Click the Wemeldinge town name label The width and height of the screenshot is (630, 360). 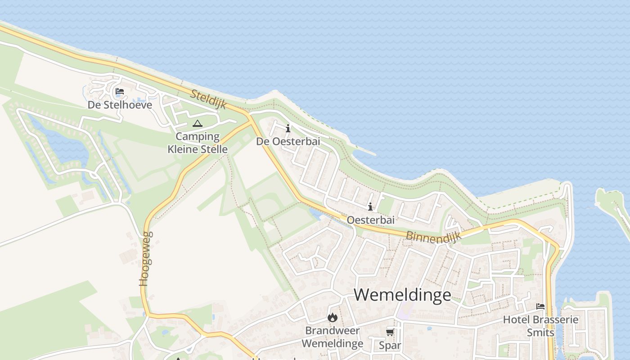point(402,295)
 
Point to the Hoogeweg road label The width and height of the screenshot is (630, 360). point(145,259)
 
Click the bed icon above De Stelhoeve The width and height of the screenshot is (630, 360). point(120,91)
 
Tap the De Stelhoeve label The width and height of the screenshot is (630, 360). point(120,105)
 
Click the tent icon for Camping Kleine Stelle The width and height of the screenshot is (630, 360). point(197,123)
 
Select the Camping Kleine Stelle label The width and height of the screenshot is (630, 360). point(198,143)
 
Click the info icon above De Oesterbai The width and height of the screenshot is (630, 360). point(288,129)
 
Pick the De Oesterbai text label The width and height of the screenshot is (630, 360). point(288,141)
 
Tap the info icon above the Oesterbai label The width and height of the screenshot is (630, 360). point(370,207)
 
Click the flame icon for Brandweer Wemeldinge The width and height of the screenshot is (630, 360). point(333,317)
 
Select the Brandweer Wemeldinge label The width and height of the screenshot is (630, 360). point(333,337)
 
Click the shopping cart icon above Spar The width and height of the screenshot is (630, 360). point(390,332)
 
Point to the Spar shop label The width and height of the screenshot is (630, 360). point(390,345)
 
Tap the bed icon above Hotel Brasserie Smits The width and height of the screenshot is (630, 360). point(540,306)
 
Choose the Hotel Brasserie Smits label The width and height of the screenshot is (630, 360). point(540,326)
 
